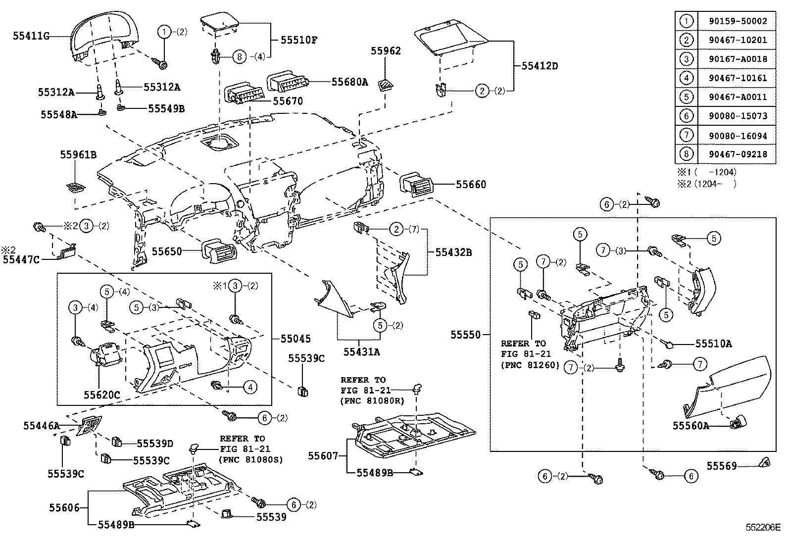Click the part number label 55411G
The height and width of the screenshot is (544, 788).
(31, 36)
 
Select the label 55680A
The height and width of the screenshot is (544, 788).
(349, 82)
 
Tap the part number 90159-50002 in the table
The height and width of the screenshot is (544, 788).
(738, 21)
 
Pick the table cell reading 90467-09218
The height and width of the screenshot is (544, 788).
(738, 154)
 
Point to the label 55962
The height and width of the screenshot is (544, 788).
(386, 51)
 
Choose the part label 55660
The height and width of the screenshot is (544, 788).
(471, 185)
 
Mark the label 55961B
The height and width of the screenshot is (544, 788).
(78, 155)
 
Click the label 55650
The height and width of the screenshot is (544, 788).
(167, 251)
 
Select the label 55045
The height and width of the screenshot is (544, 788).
(295, 339)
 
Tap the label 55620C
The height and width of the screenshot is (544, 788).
(101, 395)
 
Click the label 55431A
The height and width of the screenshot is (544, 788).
(362, 351)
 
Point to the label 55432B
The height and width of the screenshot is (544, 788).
(453, 252)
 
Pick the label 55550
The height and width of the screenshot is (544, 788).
(465, 335)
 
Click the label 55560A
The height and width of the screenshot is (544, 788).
(690, 425)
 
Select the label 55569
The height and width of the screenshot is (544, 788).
(722, 466)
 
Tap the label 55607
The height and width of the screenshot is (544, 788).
(323, 455)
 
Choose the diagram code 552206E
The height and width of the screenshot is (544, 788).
(763, 528)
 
